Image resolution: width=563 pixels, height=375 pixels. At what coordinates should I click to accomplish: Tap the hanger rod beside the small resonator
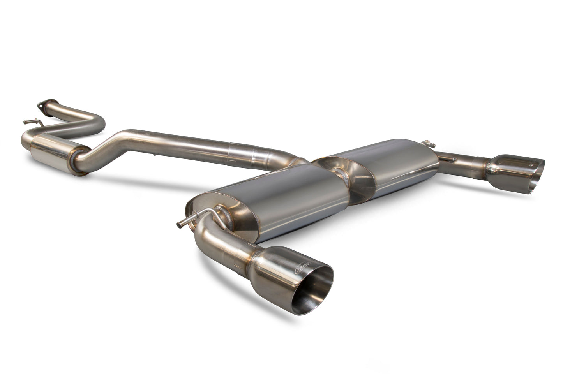pyautogui.click(x=33, y=122)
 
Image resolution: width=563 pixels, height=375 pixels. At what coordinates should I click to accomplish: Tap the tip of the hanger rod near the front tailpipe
pyautogui.click(x=180, y=224)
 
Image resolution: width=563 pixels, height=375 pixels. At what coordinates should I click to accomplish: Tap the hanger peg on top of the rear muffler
pyautogui.click(x=430, y=144)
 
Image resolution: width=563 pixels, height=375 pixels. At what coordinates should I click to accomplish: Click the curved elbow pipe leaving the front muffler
pyautogui.click(x=206, y=234)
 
